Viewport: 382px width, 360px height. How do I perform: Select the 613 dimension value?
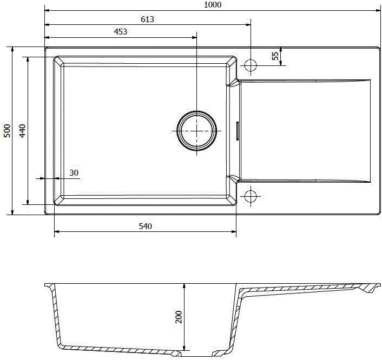(147, 19)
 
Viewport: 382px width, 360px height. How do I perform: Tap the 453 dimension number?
(120, 32)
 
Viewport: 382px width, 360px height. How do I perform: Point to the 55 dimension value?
(275, 56)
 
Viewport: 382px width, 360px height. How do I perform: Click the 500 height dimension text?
(6, 131)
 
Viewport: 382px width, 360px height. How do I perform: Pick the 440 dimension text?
(22, 131)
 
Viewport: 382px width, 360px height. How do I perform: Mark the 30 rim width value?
(74, 173)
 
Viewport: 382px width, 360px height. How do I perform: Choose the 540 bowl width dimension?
(144, 226)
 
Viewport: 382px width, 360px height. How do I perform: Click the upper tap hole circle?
(251, 65)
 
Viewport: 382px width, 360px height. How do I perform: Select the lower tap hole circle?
(251, 195)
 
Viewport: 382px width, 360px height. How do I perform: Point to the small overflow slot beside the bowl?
(237, 131)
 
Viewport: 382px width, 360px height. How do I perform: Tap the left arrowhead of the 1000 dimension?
(47, 10)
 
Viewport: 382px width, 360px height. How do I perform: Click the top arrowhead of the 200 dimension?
(185, 286)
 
